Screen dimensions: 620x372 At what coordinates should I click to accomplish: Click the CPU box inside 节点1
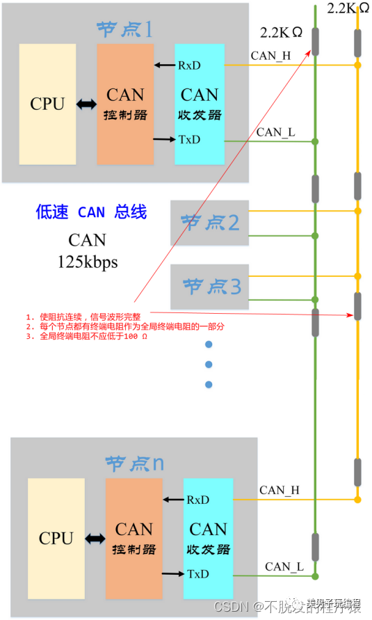pyautogui.click(x=47, y=104)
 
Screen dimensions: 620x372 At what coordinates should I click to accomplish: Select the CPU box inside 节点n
pyautogui.click(x=56, y=538)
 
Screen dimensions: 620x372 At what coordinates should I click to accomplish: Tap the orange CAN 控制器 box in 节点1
pyautogui.click(x=125, y=104)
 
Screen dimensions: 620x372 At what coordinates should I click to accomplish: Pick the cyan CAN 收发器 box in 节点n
pyautogui.click(x=208, y=538)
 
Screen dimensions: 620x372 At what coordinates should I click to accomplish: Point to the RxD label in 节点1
pyautogui.click(x=189, y=65)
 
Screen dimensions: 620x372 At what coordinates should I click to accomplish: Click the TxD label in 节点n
pyautogui.click(x=198, y=574)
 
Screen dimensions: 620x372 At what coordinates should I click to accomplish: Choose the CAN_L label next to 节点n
pyautogui.click(x=284, y=566)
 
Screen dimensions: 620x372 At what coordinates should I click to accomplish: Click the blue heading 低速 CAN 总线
pyautogui.click(x=91, y=212)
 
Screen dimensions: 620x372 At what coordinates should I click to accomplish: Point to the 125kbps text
pyautogui.click(x=88, y=262)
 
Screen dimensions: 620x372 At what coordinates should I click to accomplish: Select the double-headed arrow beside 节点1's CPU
pyautogui.click(x=86, y=104)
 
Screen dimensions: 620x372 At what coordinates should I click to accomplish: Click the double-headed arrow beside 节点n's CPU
pyautogui.click(x=95, y=539)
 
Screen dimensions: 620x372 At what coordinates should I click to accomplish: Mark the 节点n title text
pyautogui.click(x=134, y=463)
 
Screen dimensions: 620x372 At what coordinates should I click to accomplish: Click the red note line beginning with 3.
pyautogui.click(x=87, y=336)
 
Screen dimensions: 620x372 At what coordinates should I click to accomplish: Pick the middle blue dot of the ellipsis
pyautogui.click(x=208, y=365)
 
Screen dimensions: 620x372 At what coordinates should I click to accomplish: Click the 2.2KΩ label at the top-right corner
pyautogui.click(x=348, y=8)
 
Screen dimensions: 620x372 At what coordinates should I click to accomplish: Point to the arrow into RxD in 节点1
pyautogui.click(x=165, y=65)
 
